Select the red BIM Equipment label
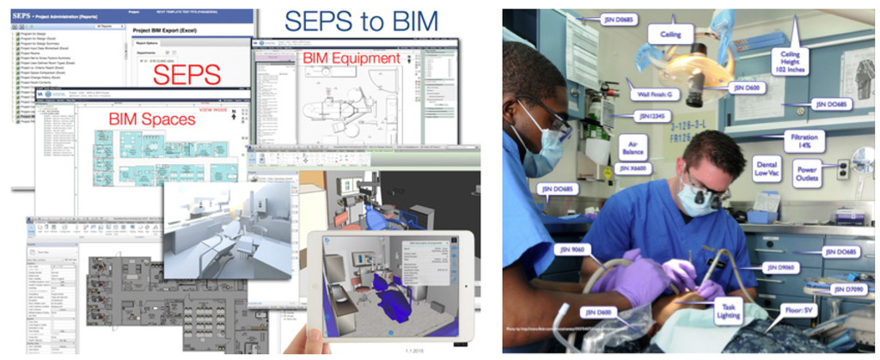pos(351,58)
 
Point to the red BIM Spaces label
pos(151,119)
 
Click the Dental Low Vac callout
pos(767,168)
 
